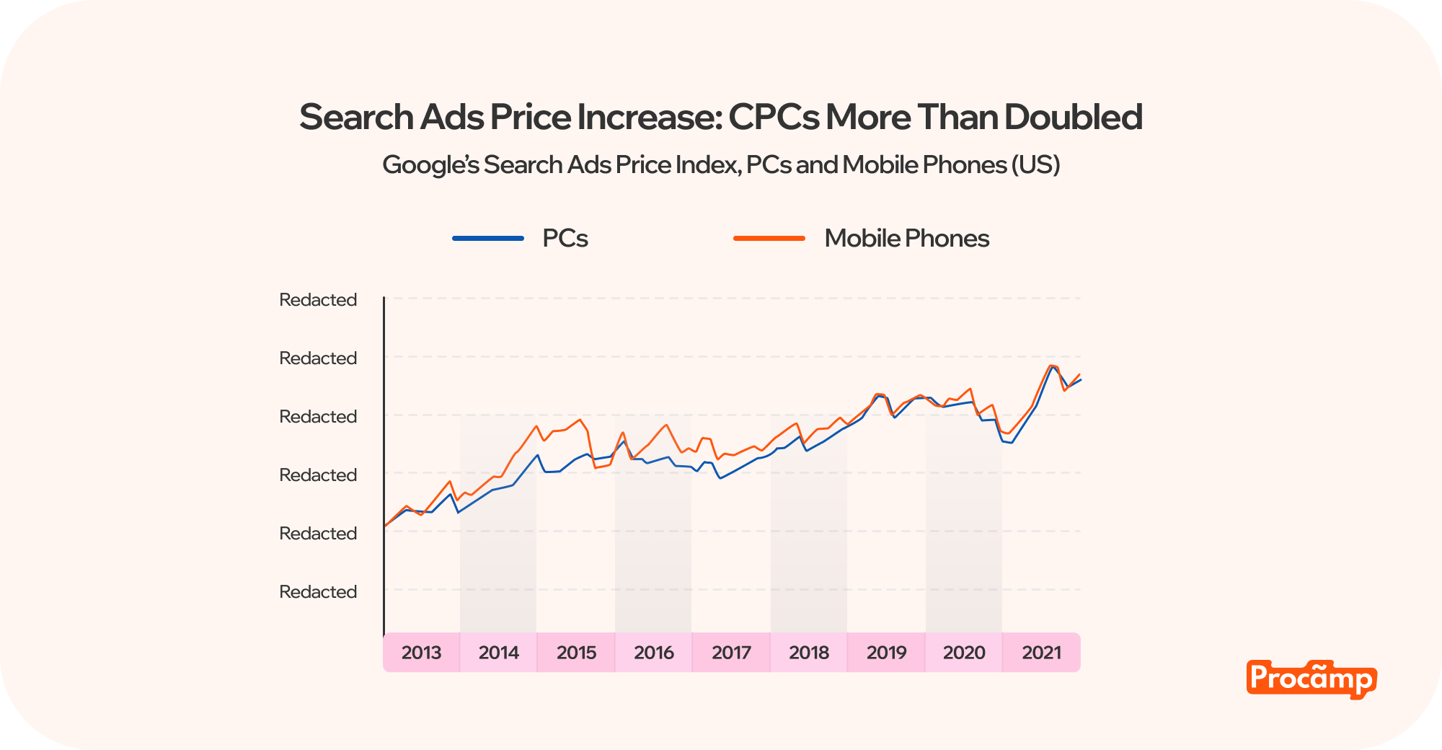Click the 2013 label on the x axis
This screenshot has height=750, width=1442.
[421, 653]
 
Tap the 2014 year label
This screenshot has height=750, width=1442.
[499, 653]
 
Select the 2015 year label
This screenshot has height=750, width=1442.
[576, 653]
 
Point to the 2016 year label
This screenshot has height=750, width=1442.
[654, 653]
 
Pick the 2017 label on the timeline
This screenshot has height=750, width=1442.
[731, 653]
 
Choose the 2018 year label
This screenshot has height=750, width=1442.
[809, 653]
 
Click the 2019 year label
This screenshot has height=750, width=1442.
[886, 653]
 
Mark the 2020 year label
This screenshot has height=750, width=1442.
[964, 653]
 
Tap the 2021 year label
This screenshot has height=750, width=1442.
[1042, 653]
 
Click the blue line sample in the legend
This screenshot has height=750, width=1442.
[488, 239]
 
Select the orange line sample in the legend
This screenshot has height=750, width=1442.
[769, 239]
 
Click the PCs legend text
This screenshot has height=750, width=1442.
[565, 239]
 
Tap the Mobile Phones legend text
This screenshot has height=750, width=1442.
[906, 239]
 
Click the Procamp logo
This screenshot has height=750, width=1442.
[1311, 679]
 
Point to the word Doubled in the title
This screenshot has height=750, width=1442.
[1074, 118]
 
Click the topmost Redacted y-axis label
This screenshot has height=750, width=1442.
[318, 300]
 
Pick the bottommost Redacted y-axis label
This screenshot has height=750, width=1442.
[318, 592]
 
